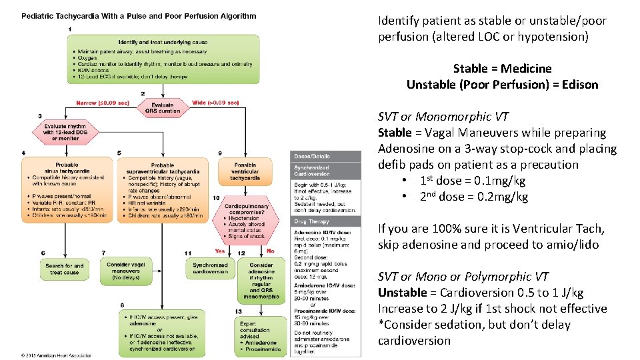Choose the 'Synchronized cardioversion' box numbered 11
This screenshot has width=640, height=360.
pyautogui.click(x=210, y=269)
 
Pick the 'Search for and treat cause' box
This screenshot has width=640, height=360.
pyautogui.click(x=65, y=269)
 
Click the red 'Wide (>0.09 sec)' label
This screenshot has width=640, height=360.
pyautogui.click(x=215, y=103)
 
